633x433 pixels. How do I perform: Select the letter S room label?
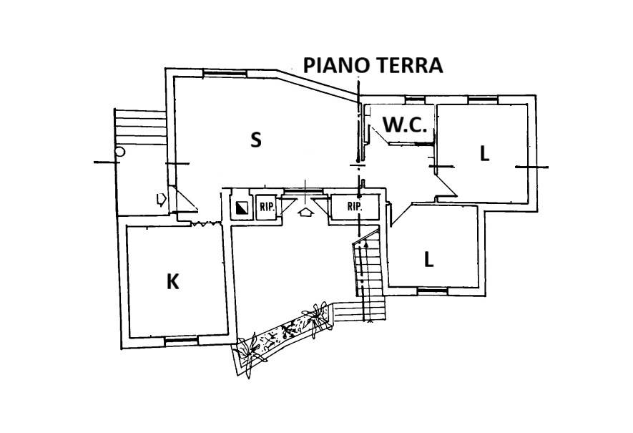[255, 140]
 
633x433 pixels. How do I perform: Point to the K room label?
[172, 282]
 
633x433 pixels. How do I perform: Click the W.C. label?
[406, 125]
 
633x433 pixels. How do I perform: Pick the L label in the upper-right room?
[484, 153]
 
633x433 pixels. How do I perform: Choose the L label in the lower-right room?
[428, 260]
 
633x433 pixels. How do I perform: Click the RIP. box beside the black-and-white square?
[266, 206]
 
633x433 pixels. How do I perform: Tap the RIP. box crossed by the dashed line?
[354, 206]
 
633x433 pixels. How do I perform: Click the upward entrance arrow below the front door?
[306, 212]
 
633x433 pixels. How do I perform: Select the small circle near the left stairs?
[120, 152]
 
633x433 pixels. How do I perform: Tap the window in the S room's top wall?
[216, 72]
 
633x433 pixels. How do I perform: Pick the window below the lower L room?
[432, 291]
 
